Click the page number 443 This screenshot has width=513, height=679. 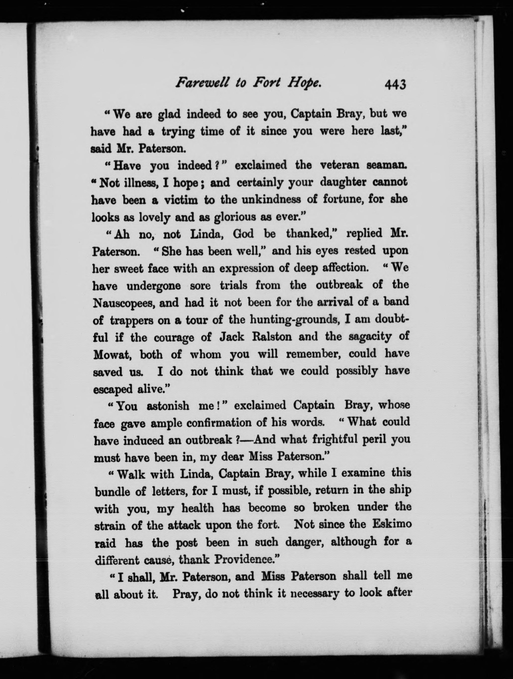[395, 85]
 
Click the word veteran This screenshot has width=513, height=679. [338, 165]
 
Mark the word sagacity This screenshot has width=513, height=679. [370, 337]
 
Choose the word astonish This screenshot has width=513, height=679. [168, 406]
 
